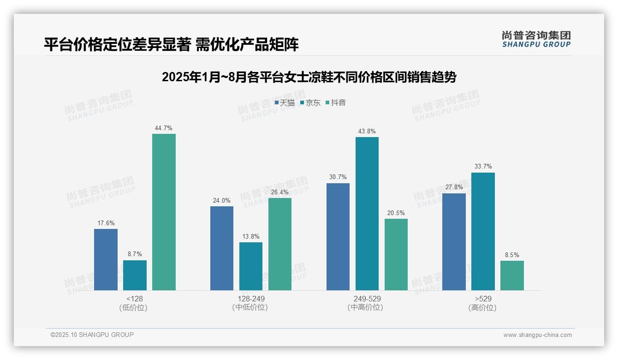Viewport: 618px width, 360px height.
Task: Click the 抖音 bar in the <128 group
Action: pyautogui.click(x=164, y=212)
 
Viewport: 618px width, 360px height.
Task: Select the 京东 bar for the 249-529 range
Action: pyautogui.click(x=367, y=214)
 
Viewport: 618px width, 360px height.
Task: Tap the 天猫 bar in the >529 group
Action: pyautogui.click(x=454, y=242)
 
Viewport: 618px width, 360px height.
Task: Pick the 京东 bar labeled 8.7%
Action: pyautogui.click(x=135, y=275)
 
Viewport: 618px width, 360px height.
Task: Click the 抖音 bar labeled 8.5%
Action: pyautogui.click(x=512, y=276)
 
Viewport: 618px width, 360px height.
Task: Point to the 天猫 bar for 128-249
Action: pyautogui.click(x=222, y=248)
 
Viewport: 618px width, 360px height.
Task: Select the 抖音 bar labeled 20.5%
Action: pyautogui.click(x=396, y=254)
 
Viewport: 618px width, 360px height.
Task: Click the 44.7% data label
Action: pyautogui.click(x=164, y=128)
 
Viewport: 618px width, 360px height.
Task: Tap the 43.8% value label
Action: pyautogui.click(x=367, y=132)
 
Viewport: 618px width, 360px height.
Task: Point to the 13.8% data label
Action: pyautogui.click(x=251, y=237)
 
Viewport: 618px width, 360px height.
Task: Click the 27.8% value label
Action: pyautogui.click(x=454, y=187)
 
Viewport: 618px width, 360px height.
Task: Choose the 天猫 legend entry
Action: pyautogui.click(x=285, y=103)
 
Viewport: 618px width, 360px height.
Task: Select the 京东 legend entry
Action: pyautogui.click(x=310, y=103)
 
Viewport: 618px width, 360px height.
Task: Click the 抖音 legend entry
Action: pyautogui.click(x=336, y=103)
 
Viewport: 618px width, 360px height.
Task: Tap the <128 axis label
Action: pyautogui.click(x=135, y=299)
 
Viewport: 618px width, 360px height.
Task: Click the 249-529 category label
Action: pyautogui.click(x=367, y=299)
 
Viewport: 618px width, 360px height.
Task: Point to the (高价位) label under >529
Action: pyautogui.click(x=482, y=308)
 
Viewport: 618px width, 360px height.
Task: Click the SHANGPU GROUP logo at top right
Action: pyautogui.click(x=536, y=39)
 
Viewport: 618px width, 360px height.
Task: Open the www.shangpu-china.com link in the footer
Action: pyautogui.click(x=537, y=335)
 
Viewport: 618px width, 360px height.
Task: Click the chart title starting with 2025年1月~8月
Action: pyautogui.click(x=309, y=77)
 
